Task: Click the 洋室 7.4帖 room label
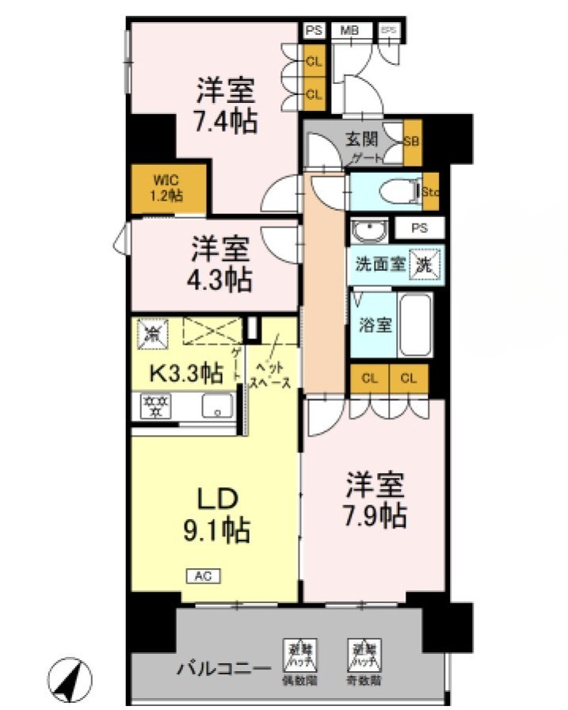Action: (227, 106)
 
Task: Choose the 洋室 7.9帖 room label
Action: (375, 500)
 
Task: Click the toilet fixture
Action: (393, 191)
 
